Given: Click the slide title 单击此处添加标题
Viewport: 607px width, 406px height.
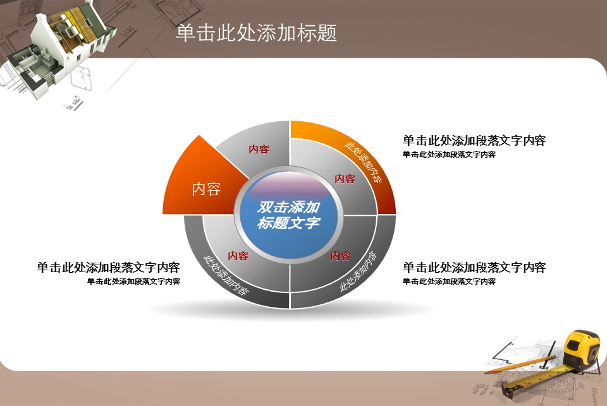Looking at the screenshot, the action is (256, 32).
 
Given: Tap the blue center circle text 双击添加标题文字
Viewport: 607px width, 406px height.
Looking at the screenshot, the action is (288, 215).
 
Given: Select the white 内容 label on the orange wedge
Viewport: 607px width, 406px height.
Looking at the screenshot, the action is (206, 189).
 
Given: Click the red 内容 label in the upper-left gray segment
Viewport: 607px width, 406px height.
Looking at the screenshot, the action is (259, 149).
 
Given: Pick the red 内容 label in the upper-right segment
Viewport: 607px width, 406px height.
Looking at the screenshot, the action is (345, 179).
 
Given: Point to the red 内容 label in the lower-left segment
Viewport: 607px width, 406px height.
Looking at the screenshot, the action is (238, 256).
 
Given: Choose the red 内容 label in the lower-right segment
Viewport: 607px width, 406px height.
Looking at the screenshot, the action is (340, 256).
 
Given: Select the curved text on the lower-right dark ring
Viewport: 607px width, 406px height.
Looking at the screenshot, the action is (358, 272).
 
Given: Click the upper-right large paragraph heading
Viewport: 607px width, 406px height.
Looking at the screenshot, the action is (474, 140).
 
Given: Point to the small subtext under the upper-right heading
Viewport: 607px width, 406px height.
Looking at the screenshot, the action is (449, 154).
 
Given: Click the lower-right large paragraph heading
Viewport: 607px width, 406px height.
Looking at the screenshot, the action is (474, 267).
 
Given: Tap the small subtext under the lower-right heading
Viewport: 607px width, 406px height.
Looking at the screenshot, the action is (449, 281).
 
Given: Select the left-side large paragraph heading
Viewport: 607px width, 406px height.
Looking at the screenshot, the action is (108, 267).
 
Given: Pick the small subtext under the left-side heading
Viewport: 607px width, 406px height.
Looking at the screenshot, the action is (133, 281).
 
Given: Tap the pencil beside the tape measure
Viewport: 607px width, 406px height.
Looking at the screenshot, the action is (520, 365).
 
